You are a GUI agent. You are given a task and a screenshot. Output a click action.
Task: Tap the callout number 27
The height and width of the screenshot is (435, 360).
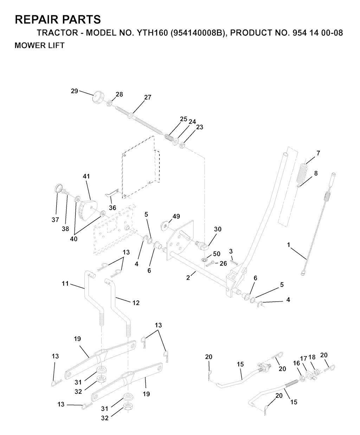pyautogui.click(x=148, y=97)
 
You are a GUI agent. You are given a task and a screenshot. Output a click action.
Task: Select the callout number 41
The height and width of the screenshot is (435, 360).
pyautogui.click(x=86, y=176)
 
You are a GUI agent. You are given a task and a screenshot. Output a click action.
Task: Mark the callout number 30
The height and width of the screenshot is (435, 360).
pyautogui.click(x=218, y=229)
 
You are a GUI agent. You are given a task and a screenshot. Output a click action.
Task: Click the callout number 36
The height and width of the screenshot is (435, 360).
pyautogui.click(x=112, y=208)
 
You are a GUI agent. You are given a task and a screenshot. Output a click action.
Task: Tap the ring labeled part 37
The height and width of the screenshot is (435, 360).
pyautogui.click(x=58, y=188)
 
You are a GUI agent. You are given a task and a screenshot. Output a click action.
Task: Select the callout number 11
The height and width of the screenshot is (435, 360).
pyautogui.click(x=65, y=283)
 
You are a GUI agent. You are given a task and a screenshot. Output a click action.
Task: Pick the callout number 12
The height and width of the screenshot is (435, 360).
pyautogui.click(x=136, y=303)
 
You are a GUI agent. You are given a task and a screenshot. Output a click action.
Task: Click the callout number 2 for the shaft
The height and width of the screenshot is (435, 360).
pyautogui.click(x=188, y=278)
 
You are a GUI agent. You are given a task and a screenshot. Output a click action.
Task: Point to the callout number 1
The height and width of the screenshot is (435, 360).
pyautogui.click(x=289, y=245)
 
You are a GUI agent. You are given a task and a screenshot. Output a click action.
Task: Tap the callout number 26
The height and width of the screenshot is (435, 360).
pyautogui.click(x=223, y=263)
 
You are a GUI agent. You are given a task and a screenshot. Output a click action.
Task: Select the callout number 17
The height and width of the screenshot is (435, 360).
pyautogui.click(x=303, y=358)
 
